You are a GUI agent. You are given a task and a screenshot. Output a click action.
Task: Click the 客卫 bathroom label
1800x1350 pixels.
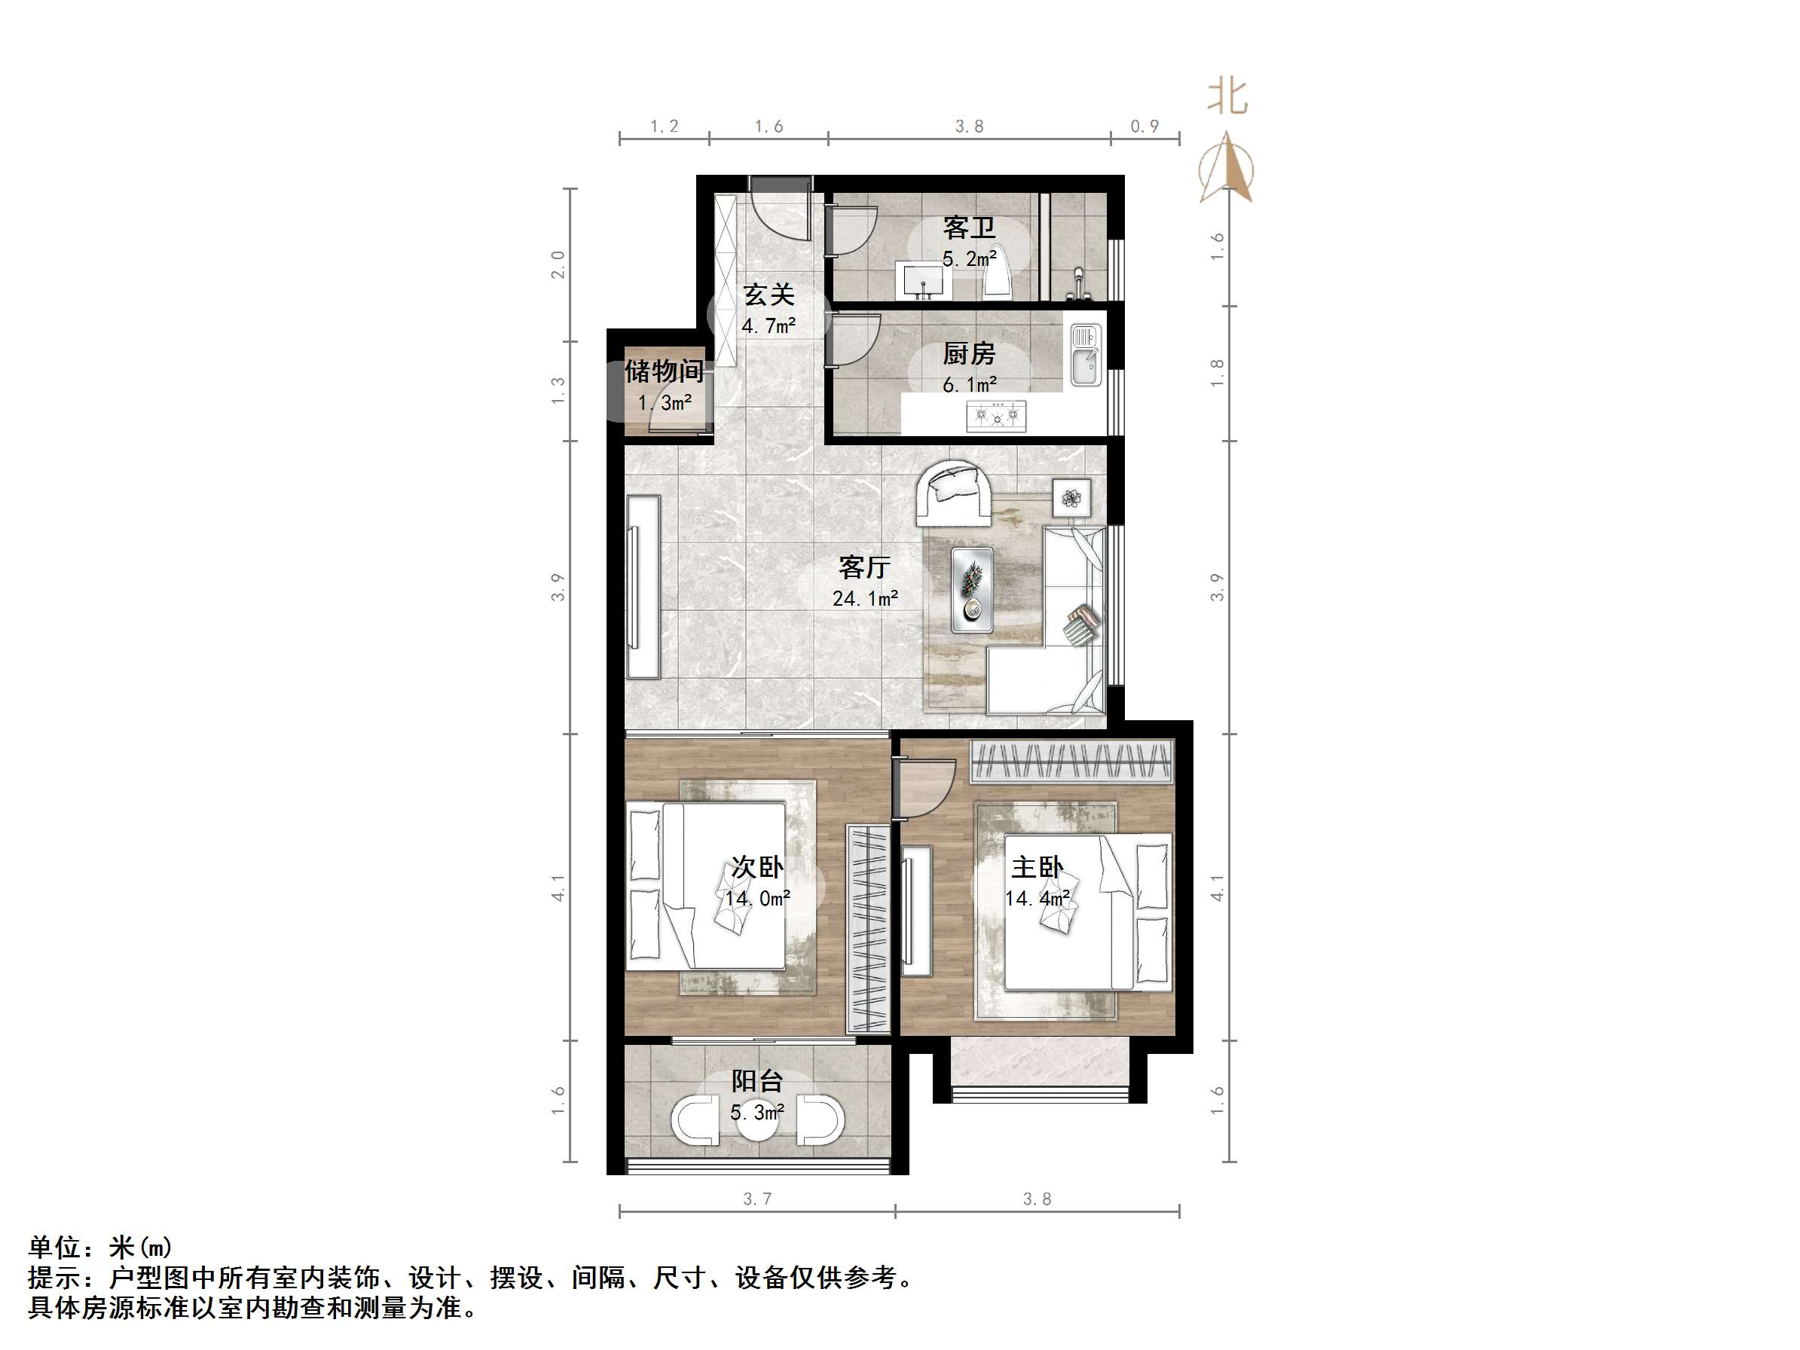click(968, 228)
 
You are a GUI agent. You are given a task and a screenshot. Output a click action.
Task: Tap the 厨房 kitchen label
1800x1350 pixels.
click(968, 354)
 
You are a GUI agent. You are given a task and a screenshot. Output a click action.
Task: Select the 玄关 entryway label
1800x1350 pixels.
click(769, 295)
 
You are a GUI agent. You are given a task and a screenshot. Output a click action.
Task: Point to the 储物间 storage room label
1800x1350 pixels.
click(663, 372)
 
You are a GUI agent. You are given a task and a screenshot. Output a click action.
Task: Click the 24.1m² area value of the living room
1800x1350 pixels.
click(864, 599)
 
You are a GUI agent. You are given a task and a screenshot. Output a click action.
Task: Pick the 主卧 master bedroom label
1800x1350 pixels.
click(1037, 867)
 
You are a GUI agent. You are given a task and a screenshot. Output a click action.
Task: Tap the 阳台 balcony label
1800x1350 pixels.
click(756, 1082)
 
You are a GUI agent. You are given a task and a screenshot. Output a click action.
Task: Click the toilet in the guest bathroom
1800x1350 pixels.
click(997, 273)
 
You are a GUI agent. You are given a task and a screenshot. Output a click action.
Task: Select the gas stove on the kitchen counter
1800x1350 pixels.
click(996, 416)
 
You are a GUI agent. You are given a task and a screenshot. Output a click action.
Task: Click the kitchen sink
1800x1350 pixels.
click(1085, 356)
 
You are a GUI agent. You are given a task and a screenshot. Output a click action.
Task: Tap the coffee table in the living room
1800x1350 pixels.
click(973, 589)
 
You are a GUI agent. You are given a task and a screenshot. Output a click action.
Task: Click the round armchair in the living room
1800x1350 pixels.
click(954, 493)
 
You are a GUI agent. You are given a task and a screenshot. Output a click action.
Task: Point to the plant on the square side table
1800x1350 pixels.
click(1071, 497)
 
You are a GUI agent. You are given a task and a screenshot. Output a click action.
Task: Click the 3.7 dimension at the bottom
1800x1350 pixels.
click(756, 1199)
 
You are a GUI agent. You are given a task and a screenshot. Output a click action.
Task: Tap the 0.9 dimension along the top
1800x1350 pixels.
click(1144, 126)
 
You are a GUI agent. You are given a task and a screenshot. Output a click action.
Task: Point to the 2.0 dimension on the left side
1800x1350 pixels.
click(558, 264)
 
